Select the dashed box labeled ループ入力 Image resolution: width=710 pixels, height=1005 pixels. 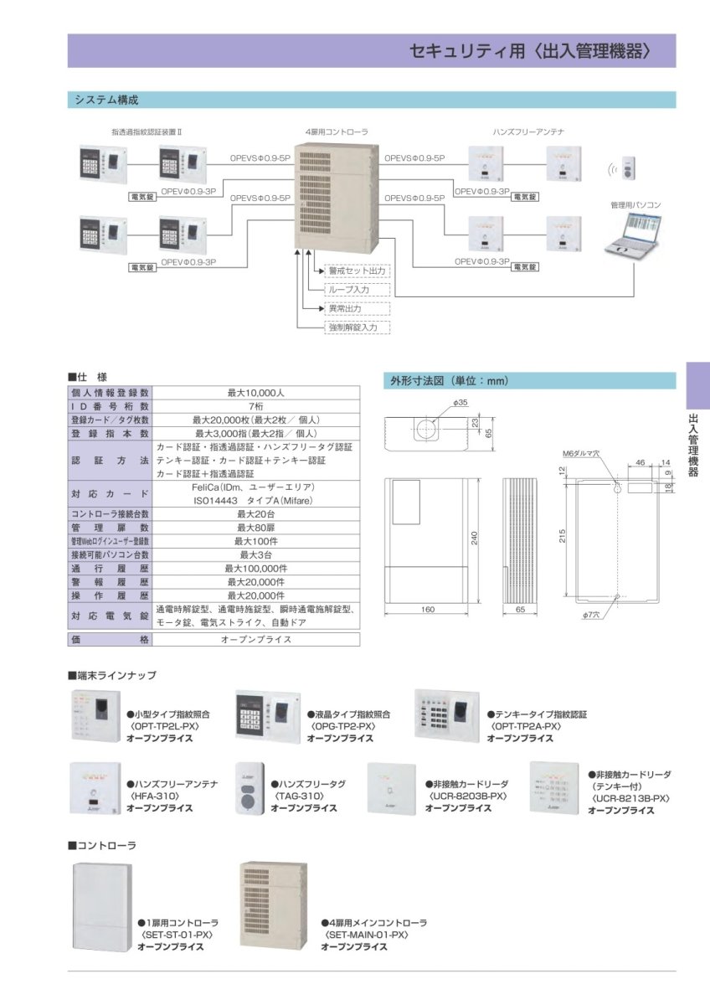click(x=357, y=290)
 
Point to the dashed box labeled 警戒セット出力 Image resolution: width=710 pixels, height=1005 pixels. click(x=357, y=271)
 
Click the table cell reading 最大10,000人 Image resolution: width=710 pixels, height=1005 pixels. click(x=256, y=392)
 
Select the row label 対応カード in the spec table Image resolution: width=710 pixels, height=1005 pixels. click(x=110, y=494)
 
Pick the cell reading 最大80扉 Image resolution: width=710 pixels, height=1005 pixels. click(x=256, y=528)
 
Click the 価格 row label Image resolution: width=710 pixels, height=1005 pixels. click(x=110, y=639)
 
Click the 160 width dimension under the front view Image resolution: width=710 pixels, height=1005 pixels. click(x=428, y=610)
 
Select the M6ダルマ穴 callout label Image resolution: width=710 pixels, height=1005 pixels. click(x=582, y=453)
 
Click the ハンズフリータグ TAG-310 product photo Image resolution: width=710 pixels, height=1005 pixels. click(x=250, y=787)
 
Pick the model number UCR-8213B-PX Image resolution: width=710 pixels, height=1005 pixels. click(x=631, y=799)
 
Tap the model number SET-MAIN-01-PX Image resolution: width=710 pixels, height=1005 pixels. click(x=367, y=935)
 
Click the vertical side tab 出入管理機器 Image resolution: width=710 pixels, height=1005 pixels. click(x=693, y=444)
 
